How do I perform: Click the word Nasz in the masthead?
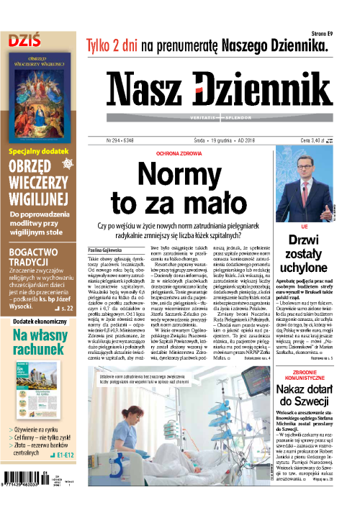click(x=148, y=91)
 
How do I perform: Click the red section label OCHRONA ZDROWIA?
click(x=190, y=154)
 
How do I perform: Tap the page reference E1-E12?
click(x=65, y=475)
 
